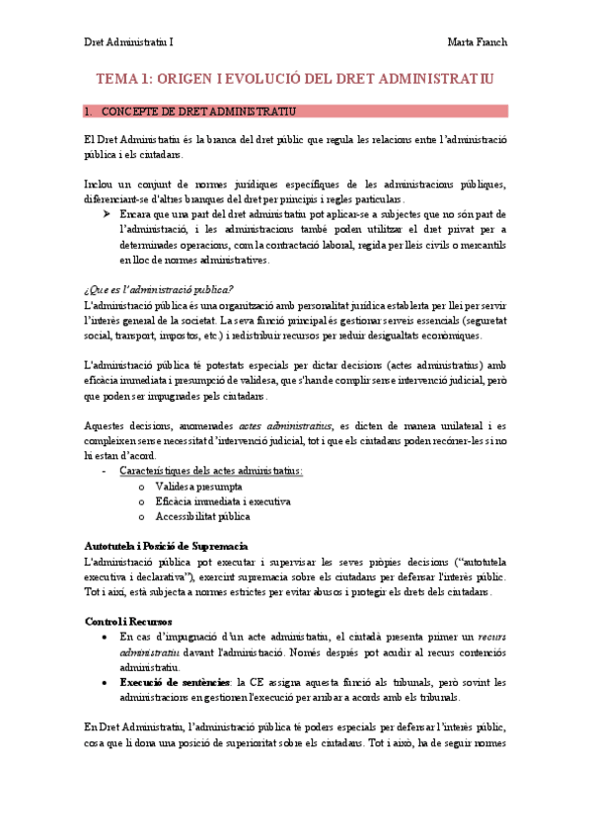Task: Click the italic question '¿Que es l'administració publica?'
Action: [158, 289]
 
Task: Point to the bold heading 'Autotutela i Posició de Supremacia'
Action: [166, 546]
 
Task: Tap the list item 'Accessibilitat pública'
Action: [202, 516]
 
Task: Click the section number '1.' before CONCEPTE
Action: [88, 111]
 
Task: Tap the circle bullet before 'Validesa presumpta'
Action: [144, 488]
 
